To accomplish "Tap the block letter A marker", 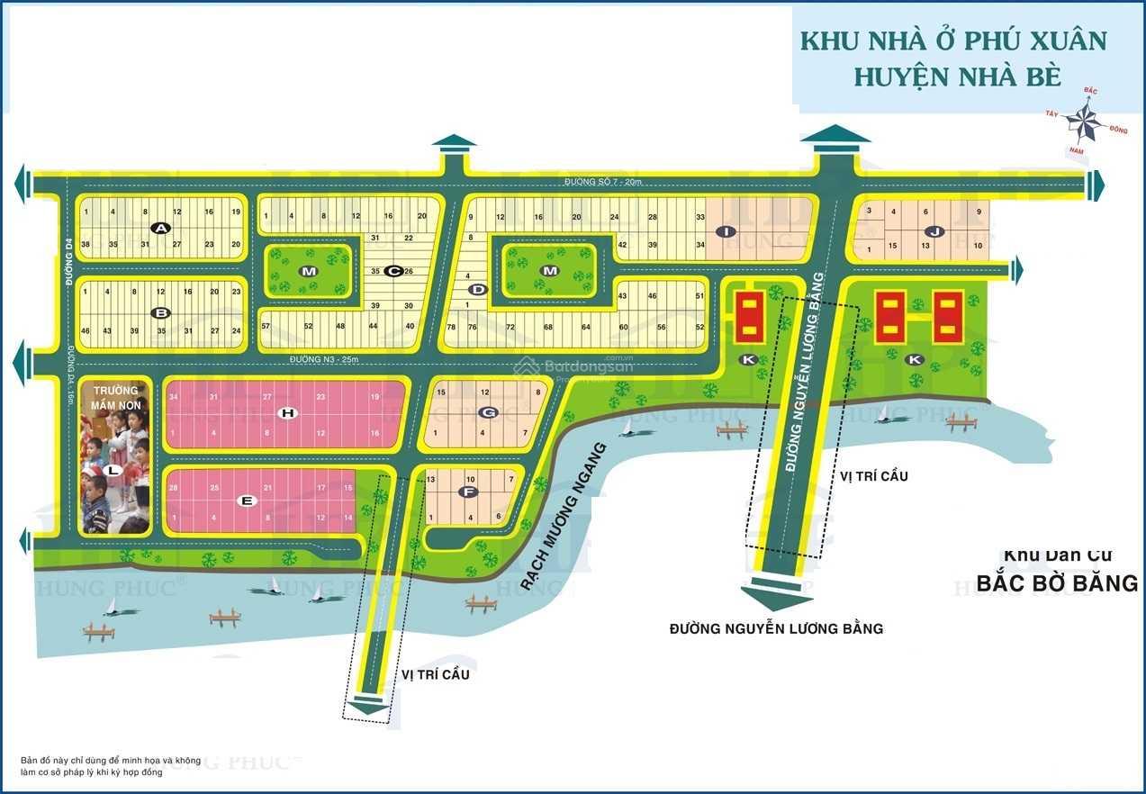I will click(161, 229).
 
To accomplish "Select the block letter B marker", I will click(161, 313).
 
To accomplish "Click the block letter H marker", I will click(287, 413).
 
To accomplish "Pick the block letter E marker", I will click(247, 501).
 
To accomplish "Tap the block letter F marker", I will click(466, 492).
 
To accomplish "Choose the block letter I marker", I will click(723, 231).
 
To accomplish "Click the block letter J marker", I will click(936, 231).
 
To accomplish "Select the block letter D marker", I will click(478, 289).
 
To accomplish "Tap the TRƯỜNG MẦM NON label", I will click(114, 398).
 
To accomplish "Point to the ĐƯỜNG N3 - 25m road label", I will click(323, 360).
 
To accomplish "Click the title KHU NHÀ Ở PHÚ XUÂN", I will click(953, 42).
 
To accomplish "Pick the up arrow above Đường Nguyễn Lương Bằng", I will click(835, 137).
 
